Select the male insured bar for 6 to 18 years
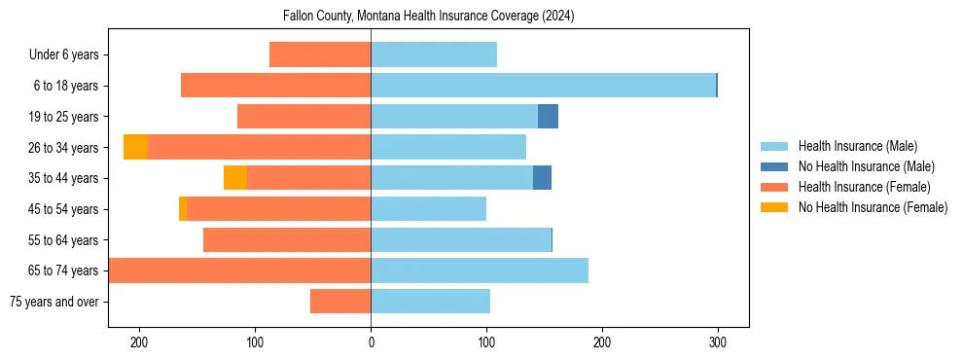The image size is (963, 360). [x=543, y=86]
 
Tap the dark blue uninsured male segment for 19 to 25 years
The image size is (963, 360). [x=548, y=117]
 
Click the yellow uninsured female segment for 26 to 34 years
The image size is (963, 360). [x=135, y=147]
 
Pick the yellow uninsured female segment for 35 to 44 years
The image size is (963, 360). [x=234, y=178]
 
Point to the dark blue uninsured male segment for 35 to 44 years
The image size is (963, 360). [x=542, y=178]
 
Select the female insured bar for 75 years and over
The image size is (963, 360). [x=340, y=302]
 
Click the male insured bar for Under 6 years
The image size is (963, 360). [x=434, y=54]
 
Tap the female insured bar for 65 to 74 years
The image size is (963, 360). [x=239, y=270]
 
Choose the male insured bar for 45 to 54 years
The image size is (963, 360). [x=428, y=209]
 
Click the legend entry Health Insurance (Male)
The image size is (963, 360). [x=857, y=146]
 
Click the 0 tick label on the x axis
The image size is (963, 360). [x=371, y=342]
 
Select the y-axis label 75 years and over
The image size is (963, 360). [x=54, y=302]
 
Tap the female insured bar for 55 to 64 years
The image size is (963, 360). [x=287, y=240]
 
